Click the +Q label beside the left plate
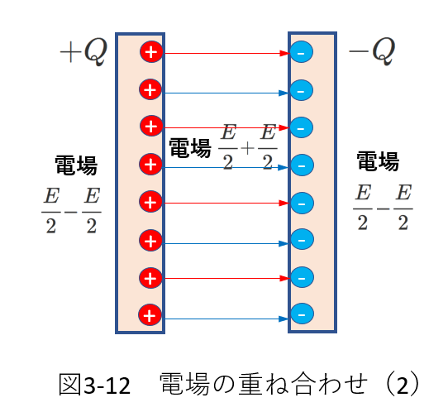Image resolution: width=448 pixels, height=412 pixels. coord(83,52)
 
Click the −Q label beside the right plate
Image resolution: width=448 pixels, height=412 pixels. coord(372,51)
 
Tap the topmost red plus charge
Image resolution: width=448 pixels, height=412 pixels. coord(151,52)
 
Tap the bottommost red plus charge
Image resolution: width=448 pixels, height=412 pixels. coord(150,315)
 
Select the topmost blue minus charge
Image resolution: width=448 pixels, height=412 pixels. coord(301,52)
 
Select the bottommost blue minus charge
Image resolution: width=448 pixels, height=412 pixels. coord(302,314)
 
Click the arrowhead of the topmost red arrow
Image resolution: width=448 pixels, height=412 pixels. coord(284,53)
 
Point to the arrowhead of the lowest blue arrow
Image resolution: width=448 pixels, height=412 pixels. coord(284,319)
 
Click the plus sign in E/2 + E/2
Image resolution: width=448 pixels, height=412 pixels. coord(247,148)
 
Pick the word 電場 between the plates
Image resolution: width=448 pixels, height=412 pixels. coord(190,148)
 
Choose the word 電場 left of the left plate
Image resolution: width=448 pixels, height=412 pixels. coord(76,165)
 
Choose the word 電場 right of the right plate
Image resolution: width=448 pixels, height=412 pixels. coord(378,161)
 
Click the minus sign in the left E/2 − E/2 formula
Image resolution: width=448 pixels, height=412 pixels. coord(71,212)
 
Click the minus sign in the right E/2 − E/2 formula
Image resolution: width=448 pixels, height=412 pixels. coord(383,209)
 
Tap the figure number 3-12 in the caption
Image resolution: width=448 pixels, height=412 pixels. coord(107,386)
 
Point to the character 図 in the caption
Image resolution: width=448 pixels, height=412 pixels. coord(70,385)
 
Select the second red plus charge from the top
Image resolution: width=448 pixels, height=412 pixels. coord(150,89)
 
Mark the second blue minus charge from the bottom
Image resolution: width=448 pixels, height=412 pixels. coord(302,277)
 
